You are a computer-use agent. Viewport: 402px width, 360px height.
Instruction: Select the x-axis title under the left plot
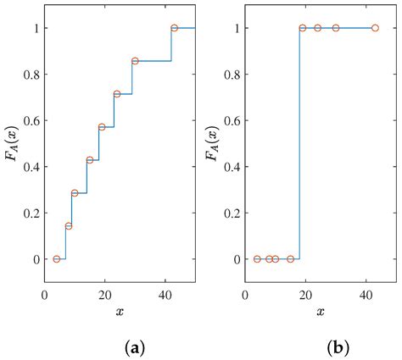coord(120,312)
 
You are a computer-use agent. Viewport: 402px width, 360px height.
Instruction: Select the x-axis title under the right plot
coord(321,312)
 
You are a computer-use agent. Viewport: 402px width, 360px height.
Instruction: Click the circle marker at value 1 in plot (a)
coord(174,28)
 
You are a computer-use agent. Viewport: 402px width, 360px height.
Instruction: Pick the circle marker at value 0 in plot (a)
coord(57,259)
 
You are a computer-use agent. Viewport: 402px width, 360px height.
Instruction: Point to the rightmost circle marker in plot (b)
coord(375,28)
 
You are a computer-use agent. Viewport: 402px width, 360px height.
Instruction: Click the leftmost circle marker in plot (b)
coord(257,259)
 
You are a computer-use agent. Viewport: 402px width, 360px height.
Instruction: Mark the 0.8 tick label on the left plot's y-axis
coord(31,75)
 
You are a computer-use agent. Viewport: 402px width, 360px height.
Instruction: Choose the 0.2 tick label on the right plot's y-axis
coord(232,213)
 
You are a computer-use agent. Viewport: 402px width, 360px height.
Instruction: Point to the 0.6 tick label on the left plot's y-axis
coord(31,120)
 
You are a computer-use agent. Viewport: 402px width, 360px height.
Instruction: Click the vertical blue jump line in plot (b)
coord(299,144)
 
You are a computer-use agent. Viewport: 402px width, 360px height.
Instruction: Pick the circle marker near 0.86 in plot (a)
coord(135,61)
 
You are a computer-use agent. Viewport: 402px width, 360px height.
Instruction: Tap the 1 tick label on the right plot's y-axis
coord(238,28)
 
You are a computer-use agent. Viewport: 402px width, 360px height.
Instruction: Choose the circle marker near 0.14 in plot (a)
coord(69,226)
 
